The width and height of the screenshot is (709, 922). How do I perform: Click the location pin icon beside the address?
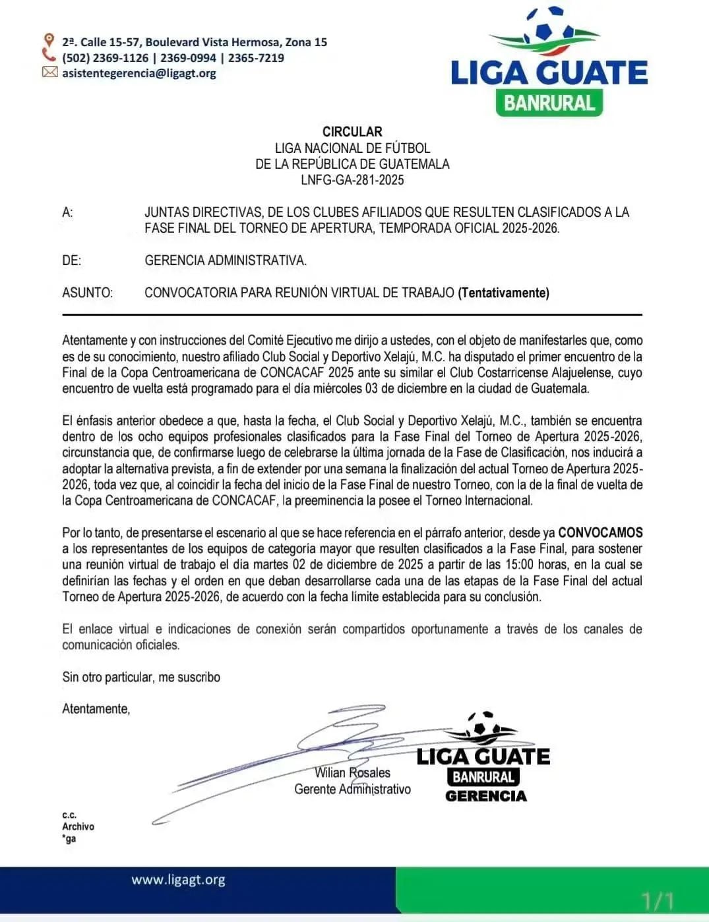[x=48, y=40]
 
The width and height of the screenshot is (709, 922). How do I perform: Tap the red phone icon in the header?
[x=49, y=55]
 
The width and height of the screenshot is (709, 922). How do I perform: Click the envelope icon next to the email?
[x=49, y=72]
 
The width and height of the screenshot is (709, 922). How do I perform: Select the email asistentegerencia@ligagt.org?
[x=139, y=73]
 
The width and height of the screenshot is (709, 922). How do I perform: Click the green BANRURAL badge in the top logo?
[x=549, y=102]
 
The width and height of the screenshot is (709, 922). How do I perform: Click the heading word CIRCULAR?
[x=352, y=132]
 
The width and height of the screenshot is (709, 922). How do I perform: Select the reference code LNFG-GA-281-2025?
[x=352, y=180]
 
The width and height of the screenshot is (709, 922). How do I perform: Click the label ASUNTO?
[x=87, y=293]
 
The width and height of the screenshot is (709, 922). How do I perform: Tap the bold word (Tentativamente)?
[x=503, y=293]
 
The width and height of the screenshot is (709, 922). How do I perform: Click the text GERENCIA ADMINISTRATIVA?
[x=226, y=260]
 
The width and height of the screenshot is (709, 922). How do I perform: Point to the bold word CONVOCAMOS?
[x=600, y=533]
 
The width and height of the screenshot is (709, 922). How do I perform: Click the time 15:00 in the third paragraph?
[x=518, y=565]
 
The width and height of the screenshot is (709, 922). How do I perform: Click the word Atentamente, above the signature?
[x=96, y=709]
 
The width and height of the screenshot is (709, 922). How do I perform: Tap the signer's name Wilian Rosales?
[x=352, y=773]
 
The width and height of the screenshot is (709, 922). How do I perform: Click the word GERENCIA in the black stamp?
[x=486, y=796]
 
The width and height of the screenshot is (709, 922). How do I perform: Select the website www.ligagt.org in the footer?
[x=178, y=880]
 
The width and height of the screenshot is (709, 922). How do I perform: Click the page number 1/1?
[x=657, y=900]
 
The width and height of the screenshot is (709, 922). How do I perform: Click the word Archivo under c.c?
[x=78, y=826]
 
